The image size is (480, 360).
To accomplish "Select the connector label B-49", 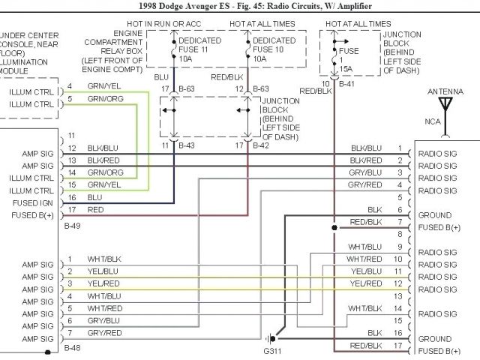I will tap(73, 225).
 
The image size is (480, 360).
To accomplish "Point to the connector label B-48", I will tap(73, 347).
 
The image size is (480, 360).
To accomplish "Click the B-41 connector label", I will tap(347, 85).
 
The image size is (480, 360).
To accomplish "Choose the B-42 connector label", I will tap(259, 144).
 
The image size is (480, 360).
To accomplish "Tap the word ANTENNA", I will tap(445, 91).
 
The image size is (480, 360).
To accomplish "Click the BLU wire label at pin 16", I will tap(94, 197).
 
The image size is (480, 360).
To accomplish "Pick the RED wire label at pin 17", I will tap(95, 210).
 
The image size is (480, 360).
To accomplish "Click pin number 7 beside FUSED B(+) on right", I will tap(400, 223).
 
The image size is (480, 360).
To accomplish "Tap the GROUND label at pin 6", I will tap(434, 214).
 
